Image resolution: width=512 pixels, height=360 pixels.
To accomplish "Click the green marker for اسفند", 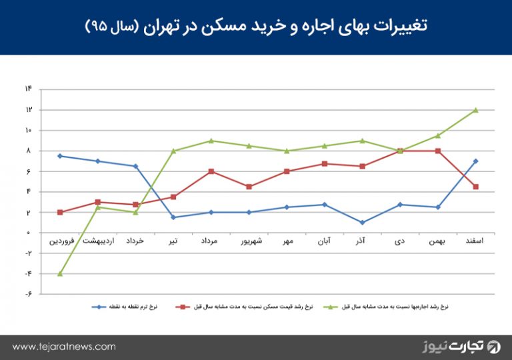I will (x=475, y=110).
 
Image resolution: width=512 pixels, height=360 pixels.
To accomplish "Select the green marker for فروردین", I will (x=60, y=273).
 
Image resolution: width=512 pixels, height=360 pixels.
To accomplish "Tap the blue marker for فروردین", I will (x=60, y=156).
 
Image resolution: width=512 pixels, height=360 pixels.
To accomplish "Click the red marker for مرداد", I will (x=211, y=171).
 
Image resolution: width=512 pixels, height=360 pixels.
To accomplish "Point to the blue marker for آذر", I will (x=362, y=223).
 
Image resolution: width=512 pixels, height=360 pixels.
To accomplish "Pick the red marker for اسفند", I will (x=475, y=187).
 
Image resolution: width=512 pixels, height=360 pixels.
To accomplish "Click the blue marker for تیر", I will (x=173, y=217).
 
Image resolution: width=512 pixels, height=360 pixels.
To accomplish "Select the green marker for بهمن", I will (x=437, y=135).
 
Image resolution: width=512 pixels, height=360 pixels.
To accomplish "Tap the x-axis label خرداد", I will (x=136, y=240).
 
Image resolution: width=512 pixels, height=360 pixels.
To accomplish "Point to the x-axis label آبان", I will (x=324, y=240).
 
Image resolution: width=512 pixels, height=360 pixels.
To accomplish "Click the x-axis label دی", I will (x=400, y=240).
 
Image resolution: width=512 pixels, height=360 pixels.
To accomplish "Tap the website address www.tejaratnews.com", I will (x=64, y=347).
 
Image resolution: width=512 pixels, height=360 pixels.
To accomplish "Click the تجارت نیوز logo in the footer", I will (x=460, y=347).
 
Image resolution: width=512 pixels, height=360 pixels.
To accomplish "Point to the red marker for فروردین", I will (x=60, y=213).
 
